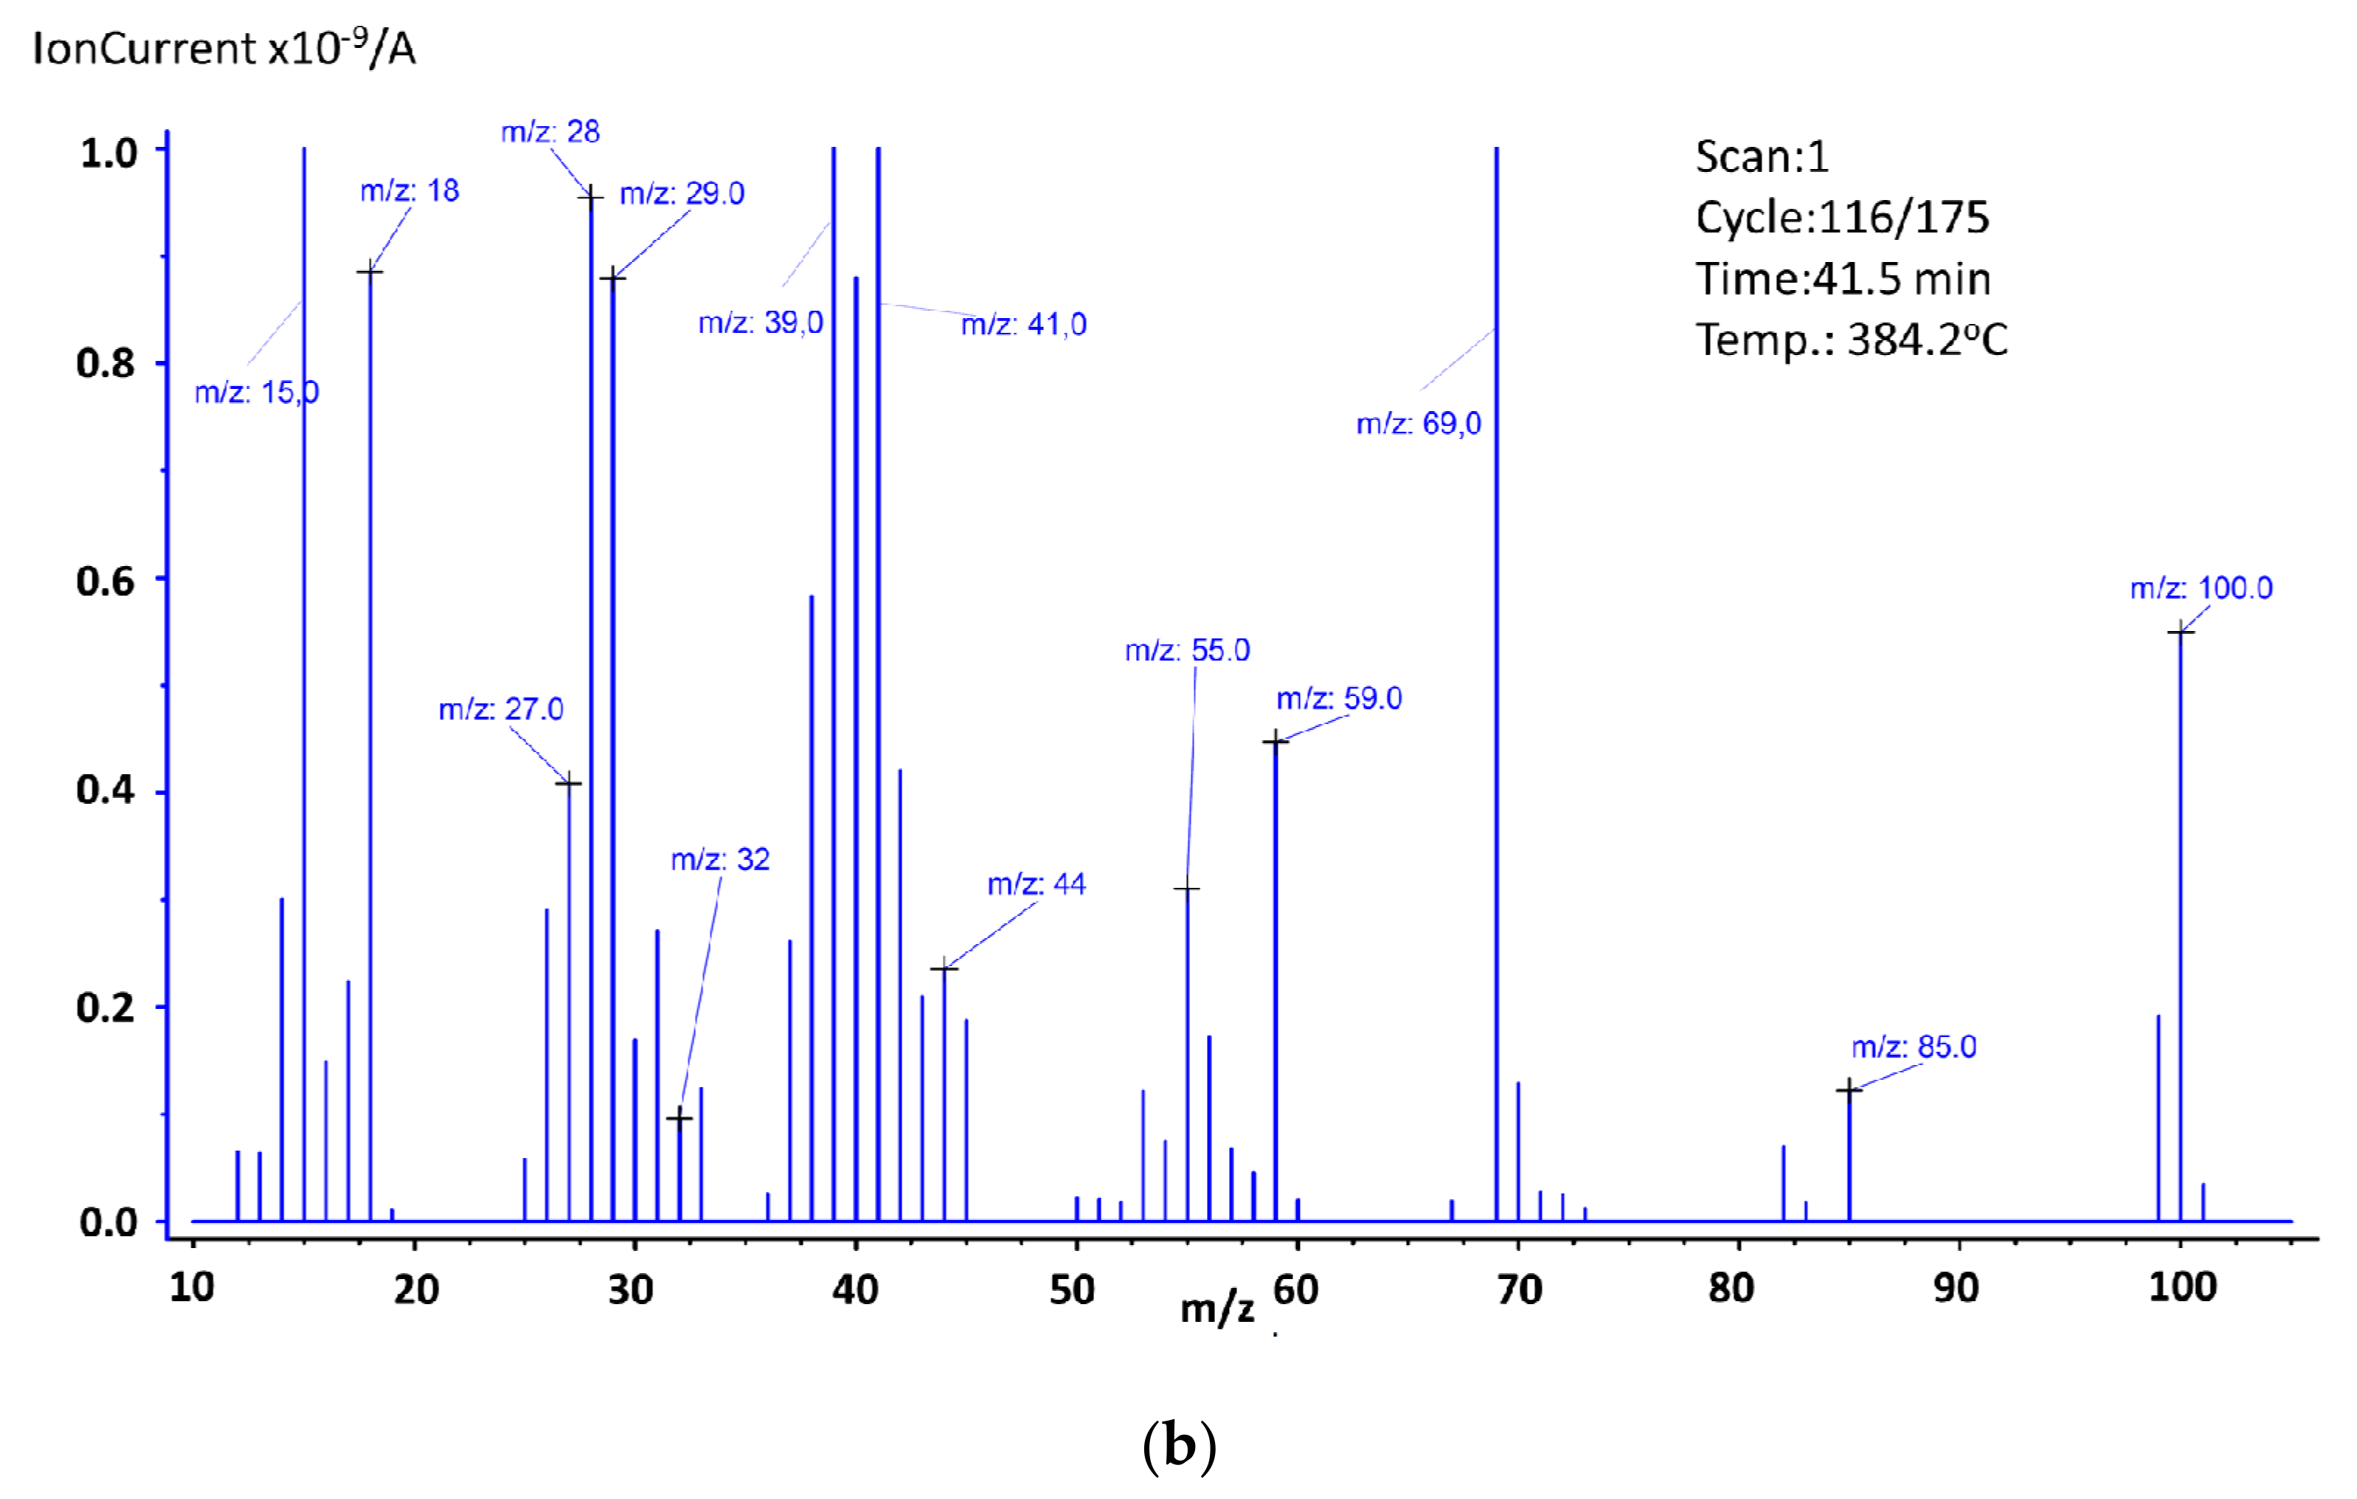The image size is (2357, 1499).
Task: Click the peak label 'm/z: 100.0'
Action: (x=2201, y=588)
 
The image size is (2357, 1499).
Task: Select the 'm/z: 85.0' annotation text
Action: (x=1913, y=1047)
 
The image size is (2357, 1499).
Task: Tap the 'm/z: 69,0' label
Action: (x=1419, y=424)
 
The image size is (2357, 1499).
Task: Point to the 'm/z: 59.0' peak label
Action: (x=1338, y=699)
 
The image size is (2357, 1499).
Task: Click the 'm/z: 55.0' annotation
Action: (x=1186, y=651)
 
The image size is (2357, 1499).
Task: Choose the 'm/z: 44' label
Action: (x=1036, y=885)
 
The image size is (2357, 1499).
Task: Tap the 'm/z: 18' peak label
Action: (x=409, y=191)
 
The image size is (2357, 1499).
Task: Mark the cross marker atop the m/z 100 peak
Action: (x=2180, y=633)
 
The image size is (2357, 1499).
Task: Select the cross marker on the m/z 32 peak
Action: (x=679, y=1118)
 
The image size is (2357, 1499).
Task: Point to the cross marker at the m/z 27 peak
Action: (x=569, y=783)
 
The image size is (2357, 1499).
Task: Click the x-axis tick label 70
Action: (x=1518, y=1289)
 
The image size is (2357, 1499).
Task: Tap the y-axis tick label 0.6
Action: (x=105, y=582)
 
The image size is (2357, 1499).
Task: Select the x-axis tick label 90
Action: (x=1956, y=1289)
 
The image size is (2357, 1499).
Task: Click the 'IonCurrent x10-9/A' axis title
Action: (x=224, y=47)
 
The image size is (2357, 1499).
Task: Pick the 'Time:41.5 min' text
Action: (x=1842, y=279)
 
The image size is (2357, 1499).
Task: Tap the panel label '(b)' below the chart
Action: (x=1179, y=1446)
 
